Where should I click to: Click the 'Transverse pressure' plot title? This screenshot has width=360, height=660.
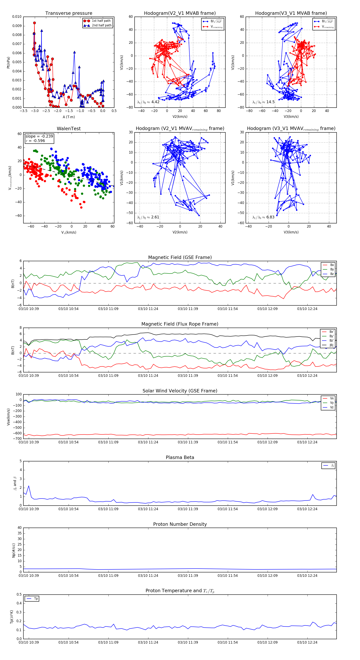click(69, 13)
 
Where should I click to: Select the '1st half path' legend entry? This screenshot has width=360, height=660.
click(101, 21)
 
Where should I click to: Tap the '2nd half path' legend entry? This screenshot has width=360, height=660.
click(101, 25)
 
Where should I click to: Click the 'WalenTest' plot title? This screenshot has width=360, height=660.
click(69, 129)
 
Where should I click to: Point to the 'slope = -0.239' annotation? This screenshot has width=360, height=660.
click(39, 136)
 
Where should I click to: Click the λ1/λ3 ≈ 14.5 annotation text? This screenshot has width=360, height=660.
click(263, 102)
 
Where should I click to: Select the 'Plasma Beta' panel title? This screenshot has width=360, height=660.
click(180, 457)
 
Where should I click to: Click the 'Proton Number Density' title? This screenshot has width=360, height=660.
click(180, 524)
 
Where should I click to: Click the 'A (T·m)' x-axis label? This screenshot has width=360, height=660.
click(69, 117)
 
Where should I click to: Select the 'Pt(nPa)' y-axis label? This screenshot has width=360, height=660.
click(8, 62)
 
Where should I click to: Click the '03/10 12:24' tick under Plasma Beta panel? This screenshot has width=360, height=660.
click(307, 509)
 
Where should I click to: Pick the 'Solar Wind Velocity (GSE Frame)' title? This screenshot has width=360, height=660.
click(180, 391)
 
